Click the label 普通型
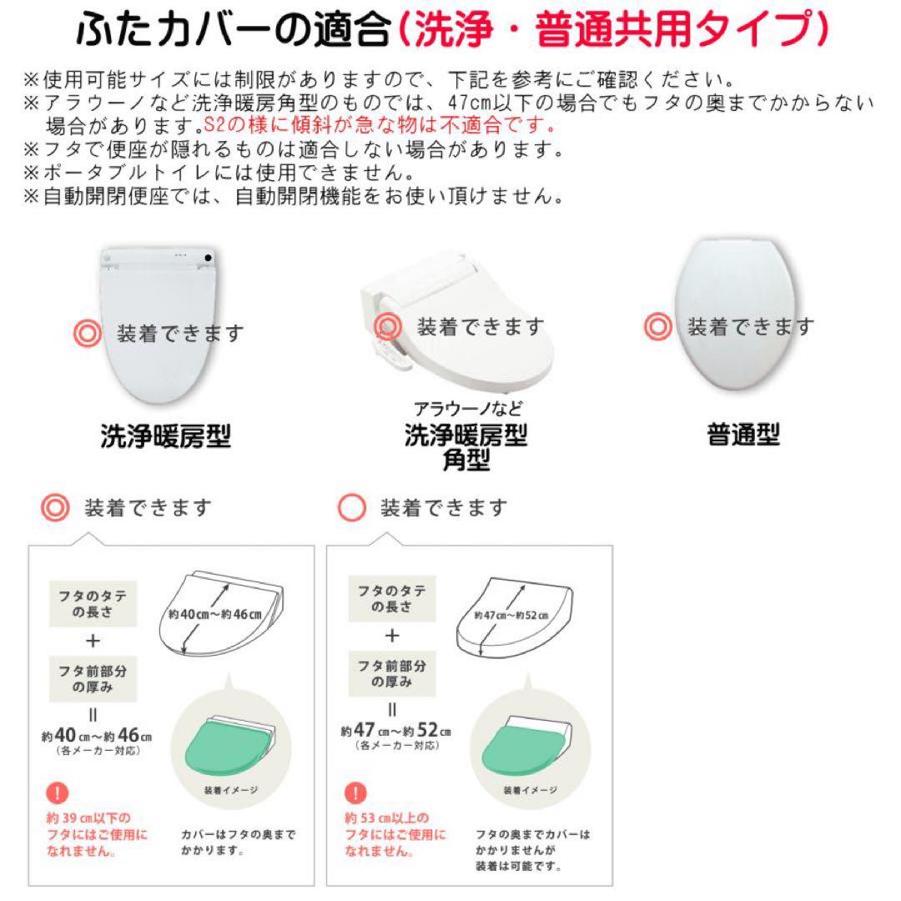(743, 435)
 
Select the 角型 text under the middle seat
(466, 460)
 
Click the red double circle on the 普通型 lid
(658, 326)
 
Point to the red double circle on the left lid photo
(87, 333)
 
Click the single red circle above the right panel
(353, 507)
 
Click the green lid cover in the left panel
(228, 744)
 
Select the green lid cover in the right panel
(525, 744)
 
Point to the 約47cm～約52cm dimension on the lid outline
(511, 617)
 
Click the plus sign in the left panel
(93, 641)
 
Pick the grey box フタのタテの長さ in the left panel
(93, 602)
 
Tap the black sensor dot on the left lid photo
(205, 259)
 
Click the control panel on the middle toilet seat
(388, 340)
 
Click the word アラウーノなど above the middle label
(468, 409)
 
